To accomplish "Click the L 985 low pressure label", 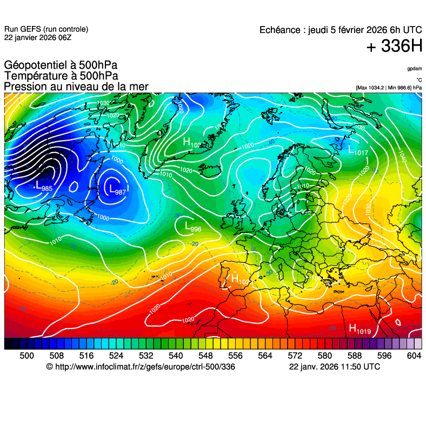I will (x=43, y=188).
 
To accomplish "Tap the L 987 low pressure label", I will (x=117, y=190).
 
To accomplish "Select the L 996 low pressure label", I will (x=192, y=227).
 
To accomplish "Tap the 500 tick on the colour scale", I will (x=26, y=355).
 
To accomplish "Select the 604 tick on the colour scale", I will (x=414, y=355).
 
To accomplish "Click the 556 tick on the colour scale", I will (x=235, y=355).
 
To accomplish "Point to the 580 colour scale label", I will (x=324, y=355).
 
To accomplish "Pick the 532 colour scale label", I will (x=146, y=355).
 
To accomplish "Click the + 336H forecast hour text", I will (x=394, y=47).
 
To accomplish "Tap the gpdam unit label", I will (x=415, y=69).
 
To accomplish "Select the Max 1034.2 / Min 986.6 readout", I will (x=389, y=87).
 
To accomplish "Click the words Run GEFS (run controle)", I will (x=46, y=29).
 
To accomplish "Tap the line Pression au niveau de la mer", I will (x=76, y=87).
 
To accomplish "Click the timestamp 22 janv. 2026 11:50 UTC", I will (x=334, y=367).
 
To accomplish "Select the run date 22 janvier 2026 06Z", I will (x=37, y=37).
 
